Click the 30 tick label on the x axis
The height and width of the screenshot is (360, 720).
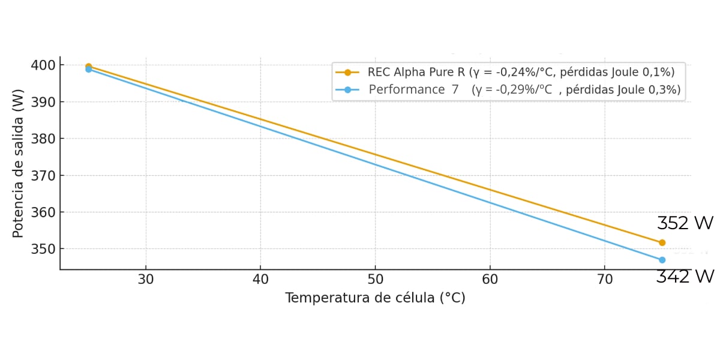[146, 279]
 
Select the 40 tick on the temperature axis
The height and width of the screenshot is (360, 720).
[260, 279]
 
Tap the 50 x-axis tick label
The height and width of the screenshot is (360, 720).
[375, 279]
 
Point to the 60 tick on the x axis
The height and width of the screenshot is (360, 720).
[490, 279]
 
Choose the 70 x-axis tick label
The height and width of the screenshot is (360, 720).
[604, 279]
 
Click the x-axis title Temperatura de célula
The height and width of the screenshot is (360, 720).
[375, 298]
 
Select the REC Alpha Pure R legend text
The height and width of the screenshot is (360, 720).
[521, 72]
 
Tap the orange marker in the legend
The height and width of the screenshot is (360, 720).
[347, 72]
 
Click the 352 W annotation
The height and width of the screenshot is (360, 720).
[685, 224]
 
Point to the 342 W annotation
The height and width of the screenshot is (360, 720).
[685, 277]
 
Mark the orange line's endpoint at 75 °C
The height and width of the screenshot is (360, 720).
[662, 242]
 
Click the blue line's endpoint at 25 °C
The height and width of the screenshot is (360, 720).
[89, 70]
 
